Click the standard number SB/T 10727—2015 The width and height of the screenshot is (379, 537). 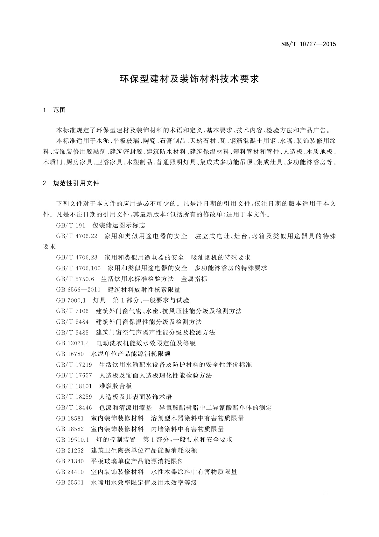click(x=308, y=44)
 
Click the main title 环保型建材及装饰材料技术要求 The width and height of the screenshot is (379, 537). click(x=189, y=79)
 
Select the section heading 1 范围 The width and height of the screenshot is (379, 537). click(x=54, y=110)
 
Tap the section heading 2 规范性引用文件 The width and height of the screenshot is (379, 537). click(x=71, y=183)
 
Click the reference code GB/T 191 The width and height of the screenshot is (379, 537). click(x=71, y=225)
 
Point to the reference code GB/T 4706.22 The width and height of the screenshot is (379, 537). click(x=76, y=236)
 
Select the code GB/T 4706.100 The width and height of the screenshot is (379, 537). click(x=78, y=268)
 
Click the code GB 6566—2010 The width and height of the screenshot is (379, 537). click(x=78, y=290)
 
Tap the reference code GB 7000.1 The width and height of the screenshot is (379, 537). click(x=71, y=300)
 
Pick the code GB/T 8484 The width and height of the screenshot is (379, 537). click(x=73, y=322)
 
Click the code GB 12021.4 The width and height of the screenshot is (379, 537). click(x=73, y=343)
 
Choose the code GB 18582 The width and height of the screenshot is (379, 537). click(x=70, y=429)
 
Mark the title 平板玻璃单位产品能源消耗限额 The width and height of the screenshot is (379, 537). click(x=137, y=461)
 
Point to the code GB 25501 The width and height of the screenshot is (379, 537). click(x=70, y=482)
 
